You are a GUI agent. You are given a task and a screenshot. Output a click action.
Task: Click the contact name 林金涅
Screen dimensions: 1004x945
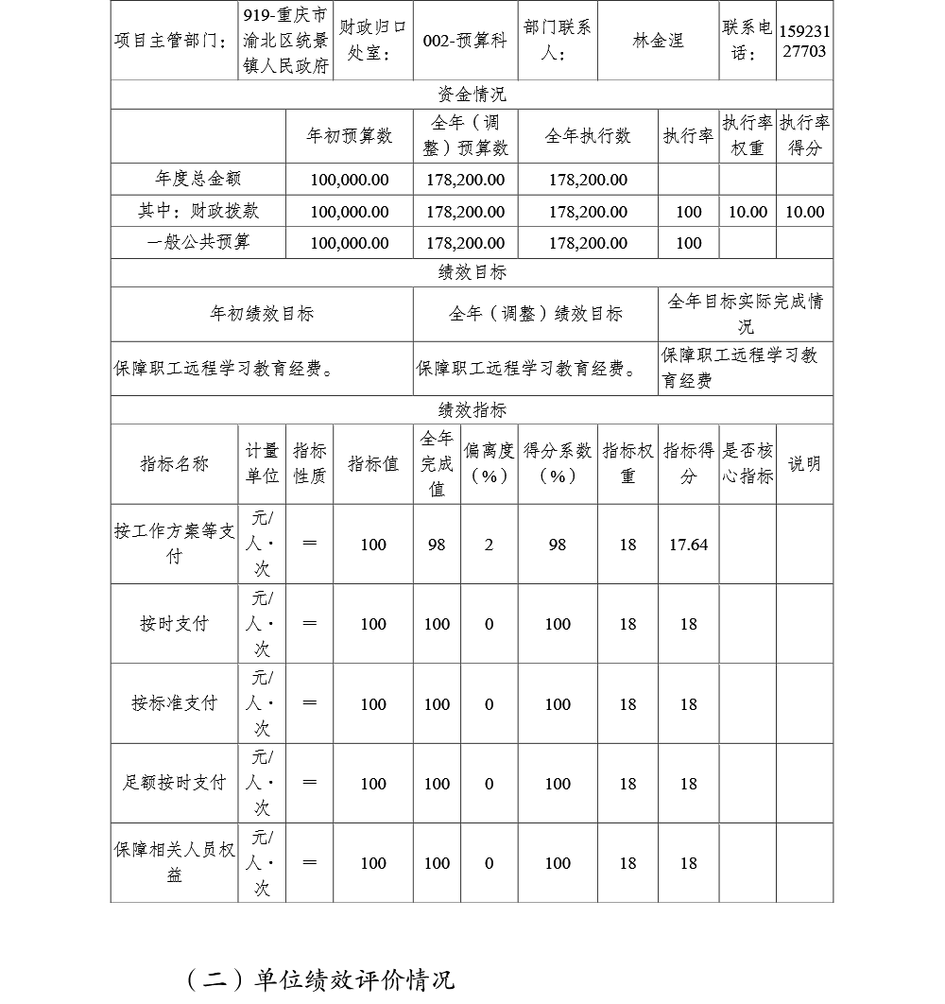[658, 41]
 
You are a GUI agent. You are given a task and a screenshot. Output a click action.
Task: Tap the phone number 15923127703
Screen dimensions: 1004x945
[804, 41]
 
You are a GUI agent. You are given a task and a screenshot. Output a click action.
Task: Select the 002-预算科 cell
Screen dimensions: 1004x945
[465, 41]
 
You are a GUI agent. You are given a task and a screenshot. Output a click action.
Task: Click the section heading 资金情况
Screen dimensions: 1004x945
[472, 95]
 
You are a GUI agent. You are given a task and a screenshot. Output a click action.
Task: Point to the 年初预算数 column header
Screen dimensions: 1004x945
[349, 136]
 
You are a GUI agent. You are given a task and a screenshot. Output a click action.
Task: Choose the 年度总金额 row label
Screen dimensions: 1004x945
[198, 179]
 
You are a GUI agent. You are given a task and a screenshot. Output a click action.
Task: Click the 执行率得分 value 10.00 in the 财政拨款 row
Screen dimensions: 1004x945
[804, 212]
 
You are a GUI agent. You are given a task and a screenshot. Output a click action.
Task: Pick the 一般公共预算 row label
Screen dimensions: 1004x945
[198, 243]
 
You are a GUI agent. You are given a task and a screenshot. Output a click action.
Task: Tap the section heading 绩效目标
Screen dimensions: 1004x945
[472, 272]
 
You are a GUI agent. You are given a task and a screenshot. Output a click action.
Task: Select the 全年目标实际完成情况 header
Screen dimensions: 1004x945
[746, 314]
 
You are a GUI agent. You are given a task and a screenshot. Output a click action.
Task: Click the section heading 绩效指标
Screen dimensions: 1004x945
[472, 410]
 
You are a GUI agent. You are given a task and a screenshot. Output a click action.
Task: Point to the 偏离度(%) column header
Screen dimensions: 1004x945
[489, 463]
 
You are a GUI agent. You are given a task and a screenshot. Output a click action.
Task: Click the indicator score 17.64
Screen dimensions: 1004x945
[688, 545]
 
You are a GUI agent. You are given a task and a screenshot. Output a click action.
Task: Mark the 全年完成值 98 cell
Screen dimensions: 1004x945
[437, 545]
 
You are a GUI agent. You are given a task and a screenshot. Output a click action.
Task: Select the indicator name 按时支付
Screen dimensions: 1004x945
[174, 624]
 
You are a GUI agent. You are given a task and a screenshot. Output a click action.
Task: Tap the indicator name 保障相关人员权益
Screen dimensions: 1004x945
[174, 862]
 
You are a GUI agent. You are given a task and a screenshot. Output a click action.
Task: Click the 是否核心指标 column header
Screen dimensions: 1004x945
[747, 463]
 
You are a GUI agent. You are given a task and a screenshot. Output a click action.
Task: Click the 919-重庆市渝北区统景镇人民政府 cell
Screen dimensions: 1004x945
[285, 41]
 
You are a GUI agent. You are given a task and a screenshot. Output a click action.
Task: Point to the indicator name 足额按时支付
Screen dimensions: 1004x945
[174, 783]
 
